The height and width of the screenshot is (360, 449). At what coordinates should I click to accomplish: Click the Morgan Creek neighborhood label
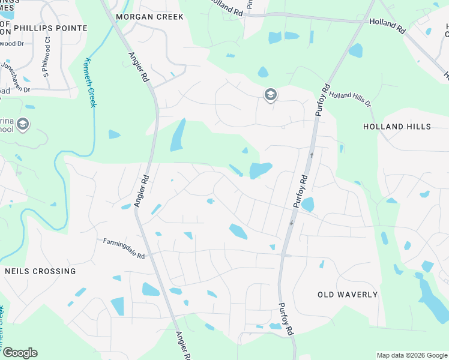pos(150,17)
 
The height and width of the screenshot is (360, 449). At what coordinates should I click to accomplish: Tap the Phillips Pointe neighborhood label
pos(50,28)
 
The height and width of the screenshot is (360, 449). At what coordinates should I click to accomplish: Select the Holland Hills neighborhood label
pos(397,127)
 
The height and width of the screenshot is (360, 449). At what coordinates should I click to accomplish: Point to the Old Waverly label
pos(348,295)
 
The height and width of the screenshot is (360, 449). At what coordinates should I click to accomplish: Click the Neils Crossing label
pos(40,271)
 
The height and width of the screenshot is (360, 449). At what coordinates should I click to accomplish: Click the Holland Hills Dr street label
pos(351,99)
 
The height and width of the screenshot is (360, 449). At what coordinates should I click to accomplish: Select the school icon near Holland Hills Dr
pos(271,94)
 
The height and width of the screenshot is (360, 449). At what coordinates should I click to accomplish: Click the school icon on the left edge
pos(23,124)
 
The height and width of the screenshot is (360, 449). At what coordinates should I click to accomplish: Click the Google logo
pos(20,353)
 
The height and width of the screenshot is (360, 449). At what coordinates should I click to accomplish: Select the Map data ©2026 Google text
pos(411,355)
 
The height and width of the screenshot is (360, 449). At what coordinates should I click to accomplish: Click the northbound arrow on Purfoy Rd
pos(312,155)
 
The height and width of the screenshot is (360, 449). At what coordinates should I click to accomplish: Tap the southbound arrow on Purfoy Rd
pos(291,223)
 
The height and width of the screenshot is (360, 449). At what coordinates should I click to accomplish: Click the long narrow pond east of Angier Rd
pos(177,135)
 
